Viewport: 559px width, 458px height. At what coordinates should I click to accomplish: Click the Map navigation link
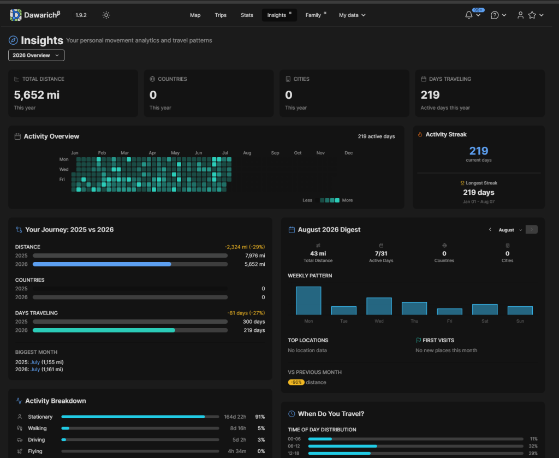point(195,15)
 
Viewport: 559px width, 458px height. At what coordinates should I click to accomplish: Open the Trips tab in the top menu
point(221,15)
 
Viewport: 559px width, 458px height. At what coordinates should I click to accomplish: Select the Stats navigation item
point(247,15)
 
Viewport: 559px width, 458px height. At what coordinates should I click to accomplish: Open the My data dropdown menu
point(352,15)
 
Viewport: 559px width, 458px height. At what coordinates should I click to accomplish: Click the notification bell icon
point(469,15)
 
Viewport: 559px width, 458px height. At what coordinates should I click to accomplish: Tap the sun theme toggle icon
point(106,15)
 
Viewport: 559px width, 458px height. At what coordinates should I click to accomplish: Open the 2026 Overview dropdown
point(37,55)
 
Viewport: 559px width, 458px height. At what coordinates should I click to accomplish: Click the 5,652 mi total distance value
point(37,95)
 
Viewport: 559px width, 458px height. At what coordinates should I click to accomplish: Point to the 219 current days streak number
point(478,151)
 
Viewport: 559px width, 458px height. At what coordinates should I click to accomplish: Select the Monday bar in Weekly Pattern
point(308,300)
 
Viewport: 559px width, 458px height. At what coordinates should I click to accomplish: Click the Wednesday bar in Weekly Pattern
point(379,306)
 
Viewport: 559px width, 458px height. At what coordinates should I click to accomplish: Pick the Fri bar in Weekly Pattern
point(450,312)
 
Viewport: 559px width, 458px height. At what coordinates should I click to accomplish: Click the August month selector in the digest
point(510,230)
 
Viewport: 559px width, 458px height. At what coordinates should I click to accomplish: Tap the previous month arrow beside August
point(490,229)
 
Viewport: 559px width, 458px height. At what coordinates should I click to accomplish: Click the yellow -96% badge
point(296,382)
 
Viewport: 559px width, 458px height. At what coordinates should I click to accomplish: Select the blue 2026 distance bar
point(102,264)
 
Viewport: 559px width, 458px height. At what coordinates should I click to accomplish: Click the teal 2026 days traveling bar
point(104,330)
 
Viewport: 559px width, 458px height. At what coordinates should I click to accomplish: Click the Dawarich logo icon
point(16,15)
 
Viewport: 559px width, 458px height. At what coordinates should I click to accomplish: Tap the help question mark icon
point(495,15)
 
